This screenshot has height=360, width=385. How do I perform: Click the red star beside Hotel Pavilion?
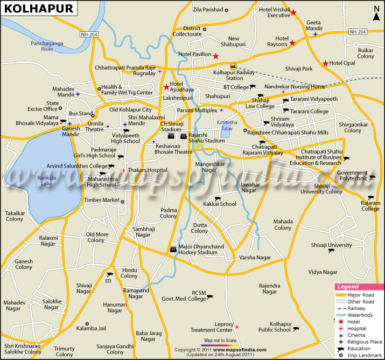pyautogui.click(x=215, y=56)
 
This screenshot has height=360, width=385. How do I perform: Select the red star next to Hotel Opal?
pyautogui.click(x=325, y=64)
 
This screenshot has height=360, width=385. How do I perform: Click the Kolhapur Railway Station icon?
pyautogui.click(x=233, y=66)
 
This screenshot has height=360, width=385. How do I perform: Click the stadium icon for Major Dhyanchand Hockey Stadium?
pyautogui.click(x=173, y=250)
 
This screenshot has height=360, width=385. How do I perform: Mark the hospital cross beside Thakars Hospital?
pyautogui.click(x=124, y=170)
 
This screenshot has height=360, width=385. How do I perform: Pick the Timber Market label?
pyautogui.click(x=101, y=200)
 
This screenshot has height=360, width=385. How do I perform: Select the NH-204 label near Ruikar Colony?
pyautogui.click(x=358, y=31)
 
